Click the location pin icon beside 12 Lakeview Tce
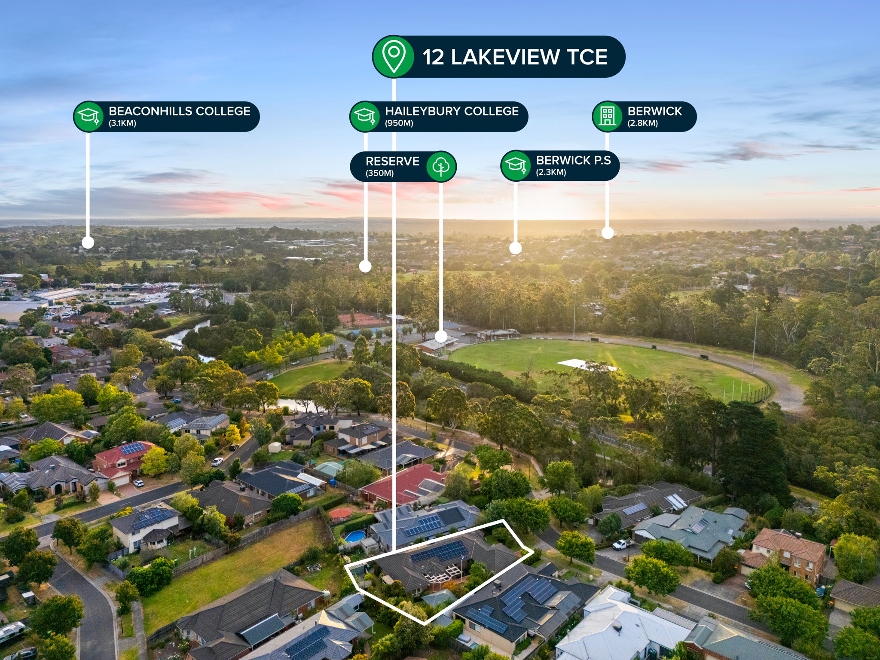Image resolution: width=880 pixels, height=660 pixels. coord(394,56)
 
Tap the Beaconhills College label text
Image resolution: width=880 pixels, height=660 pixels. coord(180,111)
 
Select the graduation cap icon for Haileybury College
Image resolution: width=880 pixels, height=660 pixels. coord(364,116)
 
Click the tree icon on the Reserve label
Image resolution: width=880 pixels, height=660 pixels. coord(441,166)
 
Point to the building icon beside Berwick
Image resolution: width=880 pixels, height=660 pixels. coord(607,116)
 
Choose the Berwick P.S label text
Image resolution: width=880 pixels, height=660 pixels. coord(573,160)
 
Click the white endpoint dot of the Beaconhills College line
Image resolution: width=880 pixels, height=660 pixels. coord(88,242)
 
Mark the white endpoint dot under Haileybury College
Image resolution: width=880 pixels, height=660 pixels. coord(365,266)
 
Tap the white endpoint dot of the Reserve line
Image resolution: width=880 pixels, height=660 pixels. coord(441,336)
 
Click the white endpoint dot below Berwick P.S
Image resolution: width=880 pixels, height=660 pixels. coord(516,248)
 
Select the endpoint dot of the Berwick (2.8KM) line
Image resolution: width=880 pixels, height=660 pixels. coord(608,232)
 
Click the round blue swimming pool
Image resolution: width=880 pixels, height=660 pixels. coord(355,536)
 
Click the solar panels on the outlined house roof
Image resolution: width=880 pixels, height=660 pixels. coord(439,551)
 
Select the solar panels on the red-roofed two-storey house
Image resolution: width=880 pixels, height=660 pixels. coord(132,449)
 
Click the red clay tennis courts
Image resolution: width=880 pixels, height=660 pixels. coord(362,319)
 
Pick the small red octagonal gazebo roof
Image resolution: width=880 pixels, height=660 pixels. coord(340,513)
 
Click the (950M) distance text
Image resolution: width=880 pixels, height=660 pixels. coord(399,123)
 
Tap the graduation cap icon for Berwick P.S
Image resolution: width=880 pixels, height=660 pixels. coord(516,165)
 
